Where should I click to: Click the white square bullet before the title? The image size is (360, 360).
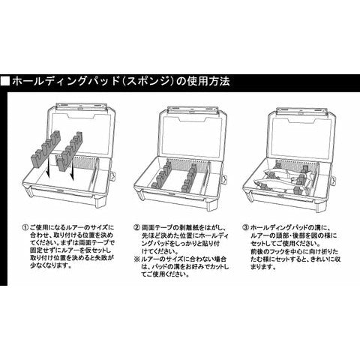[6, 79]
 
